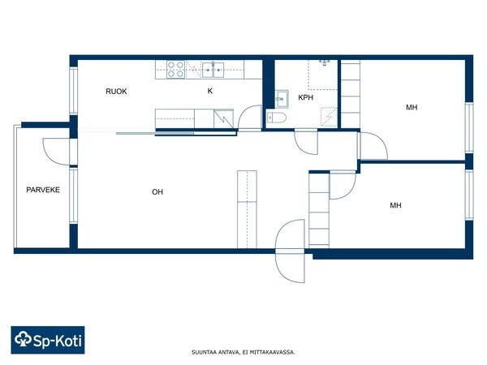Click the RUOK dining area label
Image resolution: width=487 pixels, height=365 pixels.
point(116,91)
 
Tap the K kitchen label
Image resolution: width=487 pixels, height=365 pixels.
point(210,91)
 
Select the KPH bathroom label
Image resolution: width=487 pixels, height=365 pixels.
point(306,97)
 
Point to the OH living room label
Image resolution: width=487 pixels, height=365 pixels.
point(157,191)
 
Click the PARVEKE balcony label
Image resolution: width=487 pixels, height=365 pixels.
point(43,190)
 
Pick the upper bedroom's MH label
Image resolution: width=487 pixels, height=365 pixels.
point(412,107)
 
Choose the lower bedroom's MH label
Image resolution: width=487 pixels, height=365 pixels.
point(396,205)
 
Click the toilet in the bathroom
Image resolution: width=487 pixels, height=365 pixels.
point(277,118)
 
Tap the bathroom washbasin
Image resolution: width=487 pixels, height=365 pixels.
point(282,99)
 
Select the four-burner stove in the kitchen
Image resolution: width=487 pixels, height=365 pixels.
point(176,70)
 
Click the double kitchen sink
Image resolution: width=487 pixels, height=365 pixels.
point(213,70)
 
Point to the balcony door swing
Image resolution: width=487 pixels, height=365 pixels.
point(56,152)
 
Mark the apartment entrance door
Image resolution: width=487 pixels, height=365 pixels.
point(290,251)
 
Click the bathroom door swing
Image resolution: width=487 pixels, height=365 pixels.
point(306,143)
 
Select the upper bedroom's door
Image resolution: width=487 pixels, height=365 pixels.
point(373,145)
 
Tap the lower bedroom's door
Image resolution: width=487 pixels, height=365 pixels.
point(343,185)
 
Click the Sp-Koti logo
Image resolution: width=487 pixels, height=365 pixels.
point(48,340)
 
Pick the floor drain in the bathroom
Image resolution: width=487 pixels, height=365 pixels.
point(324,62)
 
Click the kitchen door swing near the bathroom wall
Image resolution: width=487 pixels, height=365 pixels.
point(250,117)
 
